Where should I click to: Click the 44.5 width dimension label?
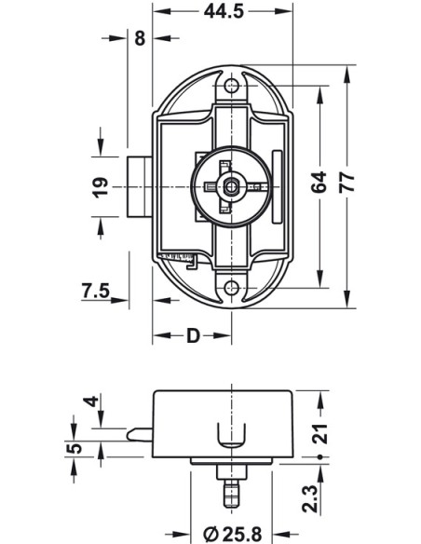(x=224, y=11)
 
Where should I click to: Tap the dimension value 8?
(x=140, y=38)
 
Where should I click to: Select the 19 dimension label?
(x=100, y=187)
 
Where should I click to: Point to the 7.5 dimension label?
(x=95, y=291)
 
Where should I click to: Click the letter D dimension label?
(x=193, y=336)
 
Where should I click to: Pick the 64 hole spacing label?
(x=319, y=182)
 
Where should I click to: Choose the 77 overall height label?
(x=347, y=182)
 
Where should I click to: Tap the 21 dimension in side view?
(x=319, y=434)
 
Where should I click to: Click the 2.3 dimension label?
(x=309, y=499)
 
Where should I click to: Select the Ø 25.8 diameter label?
(x=232, y=534)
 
